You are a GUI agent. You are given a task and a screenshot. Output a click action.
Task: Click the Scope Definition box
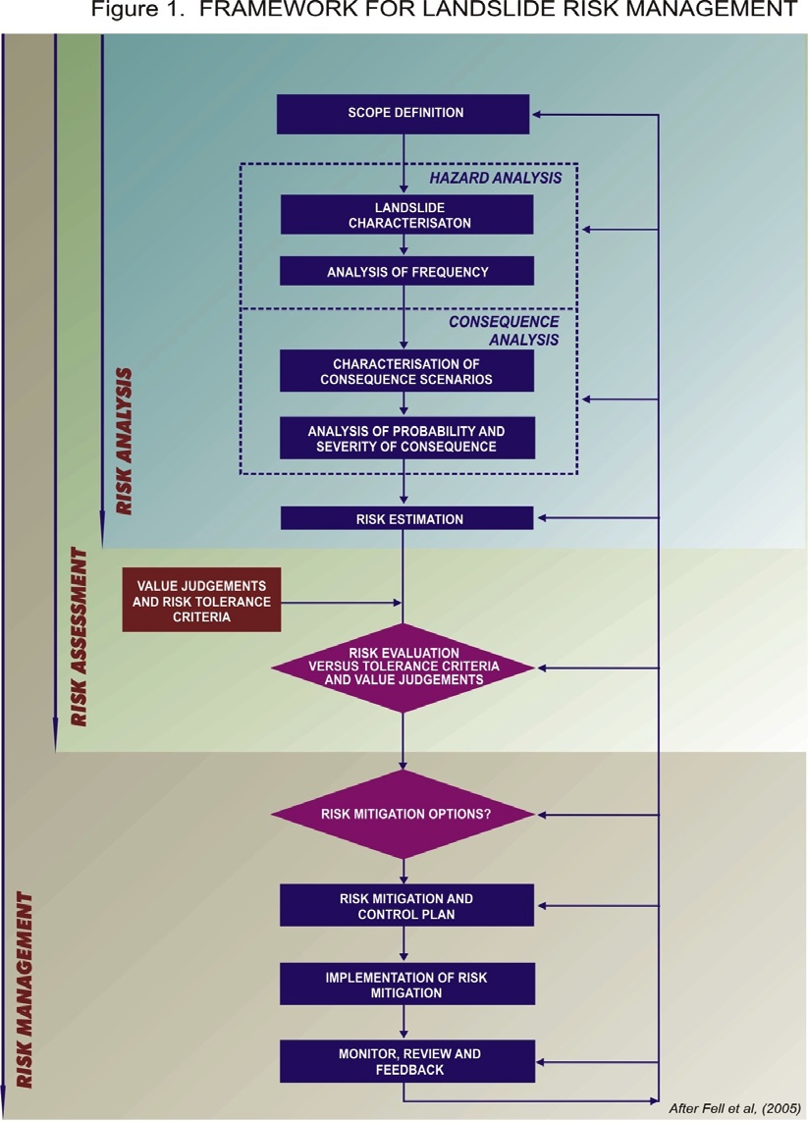pyautogui.click(x=405, y=113)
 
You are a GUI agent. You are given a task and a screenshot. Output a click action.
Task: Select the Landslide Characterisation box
pyautogui.click(x=407, y=214)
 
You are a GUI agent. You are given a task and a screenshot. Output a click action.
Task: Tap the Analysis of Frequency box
pyautogui.click(x=407, y=270)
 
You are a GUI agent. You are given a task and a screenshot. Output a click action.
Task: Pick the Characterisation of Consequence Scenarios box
pyautogui.click(x=407, y=371)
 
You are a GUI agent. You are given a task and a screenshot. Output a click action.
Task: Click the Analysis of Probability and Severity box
pyautogui.click(x=407, y=438)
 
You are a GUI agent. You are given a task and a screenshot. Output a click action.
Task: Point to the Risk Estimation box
pyautogui.click(x=407, y=517)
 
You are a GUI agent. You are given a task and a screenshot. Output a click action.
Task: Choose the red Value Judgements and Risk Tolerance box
pyautogui.click(x=202, y=599)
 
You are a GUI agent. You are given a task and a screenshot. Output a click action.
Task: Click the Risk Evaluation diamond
pyautogui.click(x=403, y=667)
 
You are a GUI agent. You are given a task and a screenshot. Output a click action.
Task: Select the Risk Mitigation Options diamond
pyautogui.click(x=403, y=814)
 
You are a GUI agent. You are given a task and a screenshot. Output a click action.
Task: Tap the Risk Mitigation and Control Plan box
pyautogui.click(x=407, y=904)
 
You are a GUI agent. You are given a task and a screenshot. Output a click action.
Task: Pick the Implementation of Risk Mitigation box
pyautogui.click(x=407, y=984)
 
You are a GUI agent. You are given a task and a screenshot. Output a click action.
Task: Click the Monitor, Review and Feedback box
pyautogui.click(x=407, y=1062)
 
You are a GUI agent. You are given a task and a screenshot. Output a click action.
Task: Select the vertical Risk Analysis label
pyautogui.click(x=125, y=443)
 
